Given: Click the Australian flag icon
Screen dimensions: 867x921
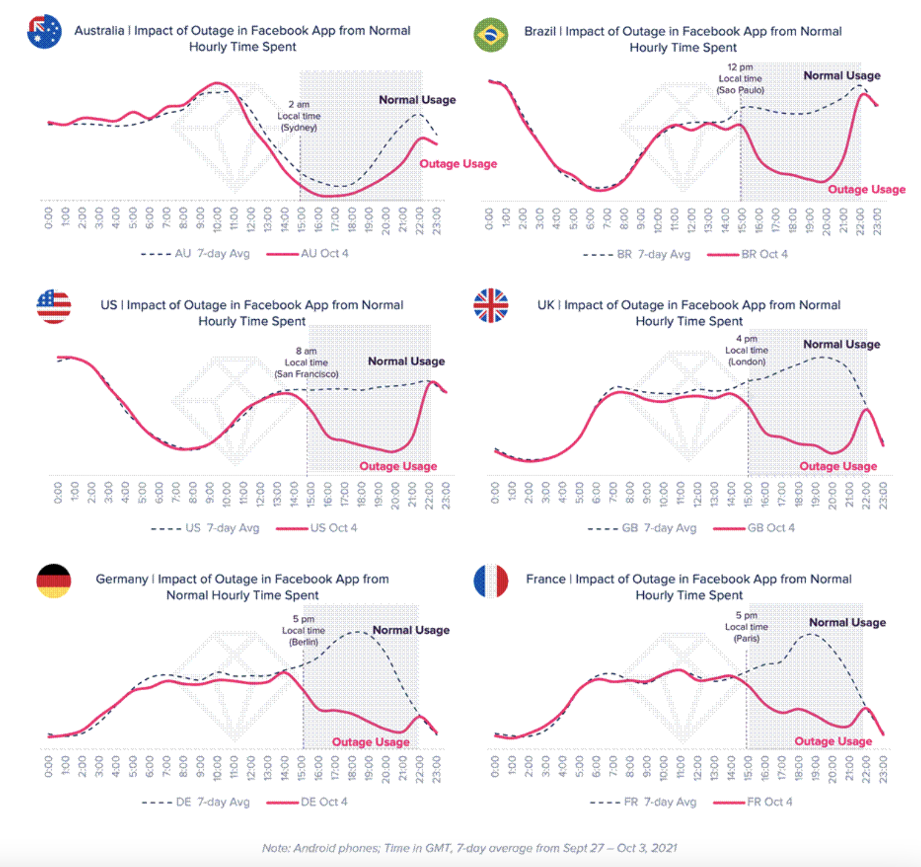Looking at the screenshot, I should tap(44, 32).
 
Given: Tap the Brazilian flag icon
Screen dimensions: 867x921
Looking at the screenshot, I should tap(491, 35).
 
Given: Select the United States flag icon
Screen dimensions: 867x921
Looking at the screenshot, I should tap(54, 306).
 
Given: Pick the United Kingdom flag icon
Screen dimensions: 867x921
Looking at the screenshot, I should tap(491, 305).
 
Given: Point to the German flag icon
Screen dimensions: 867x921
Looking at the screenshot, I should tap(54, 581).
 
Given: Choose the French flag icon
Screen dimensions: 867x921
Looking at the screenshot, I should tap(491, 581).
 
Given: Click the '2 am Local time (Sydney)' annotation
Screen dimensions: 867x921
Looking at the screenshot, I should tap(299, 115).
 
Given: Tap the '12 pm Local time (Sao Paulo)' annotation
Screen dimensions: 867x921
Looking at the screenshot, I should tap(740, 79).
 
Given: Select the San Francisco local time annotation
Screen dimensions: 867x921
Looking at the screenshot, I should tap(307, 363).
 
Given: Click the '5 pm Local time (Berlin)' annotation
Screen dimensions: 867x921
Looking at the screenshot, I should tap(304, 630).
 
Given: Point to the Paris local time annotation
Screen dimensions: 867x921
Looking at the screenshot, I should tap(747, 627).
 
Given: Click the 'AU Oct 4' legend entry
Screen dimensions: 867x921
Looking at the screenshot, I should tap(324, 254).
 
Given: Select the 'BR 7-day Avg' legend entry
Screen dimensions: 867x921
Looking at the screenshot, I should tap(653, 254).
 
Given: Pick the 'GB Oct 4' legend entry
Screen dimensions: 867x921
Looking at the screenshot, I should tap(771, 528).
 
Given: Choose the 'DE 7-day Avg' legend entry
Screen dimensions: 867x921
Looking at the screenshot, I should tap(212, 802).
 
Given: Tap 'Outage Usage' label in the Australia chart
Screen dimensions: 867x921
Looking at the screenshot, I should tap(458, 164).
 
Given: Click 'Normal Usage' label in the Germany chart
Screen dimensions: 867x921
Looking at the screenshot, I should tap(411, 630).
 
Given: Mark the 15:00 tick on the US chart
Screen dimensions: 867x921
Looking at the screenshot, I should tap(311, 495).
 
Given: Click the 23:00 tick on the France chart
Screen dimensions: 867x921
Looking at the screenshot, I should tap(883, 770).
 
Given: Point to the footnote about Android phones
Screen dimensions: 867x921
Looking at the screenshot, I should tap(469, 848).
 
